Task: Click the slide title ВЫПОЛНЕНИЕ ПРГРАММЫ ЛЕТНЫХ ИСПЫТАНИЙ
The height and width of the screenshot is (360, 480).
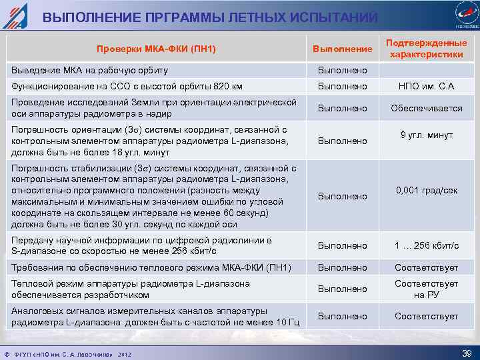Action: (x=211, y=17)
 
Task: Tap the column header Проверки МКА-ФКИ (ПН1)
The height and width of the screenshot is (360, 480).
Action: (x=156, y=49)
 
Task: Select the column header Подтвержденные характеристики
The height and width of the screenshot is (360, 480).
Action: (x=427, y=49)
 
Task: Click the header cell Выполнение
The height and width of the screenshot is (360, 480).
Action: (x=343, y=49)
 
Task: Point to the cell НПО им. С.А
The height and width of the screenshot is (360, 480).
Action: (x=427, y=87)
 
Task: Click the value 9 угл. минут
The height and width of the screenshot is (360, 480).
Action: (x=427, y=135)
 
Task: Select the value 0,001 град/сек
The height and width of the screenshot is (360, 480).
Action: (x=427, y=190)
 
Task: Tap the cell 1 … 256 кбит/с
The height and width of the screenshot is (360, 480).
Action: (x=427, y=245)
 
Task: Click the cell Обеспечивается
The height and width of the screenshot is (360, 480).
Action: (x=427, y=108)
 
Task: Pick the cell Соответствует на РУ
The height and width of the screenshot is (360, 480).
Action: (x=427, y=289)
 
